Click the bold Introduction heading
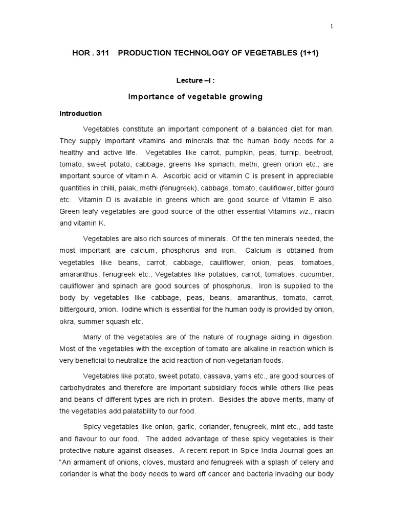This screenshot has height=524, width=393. tap(80, 114)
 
